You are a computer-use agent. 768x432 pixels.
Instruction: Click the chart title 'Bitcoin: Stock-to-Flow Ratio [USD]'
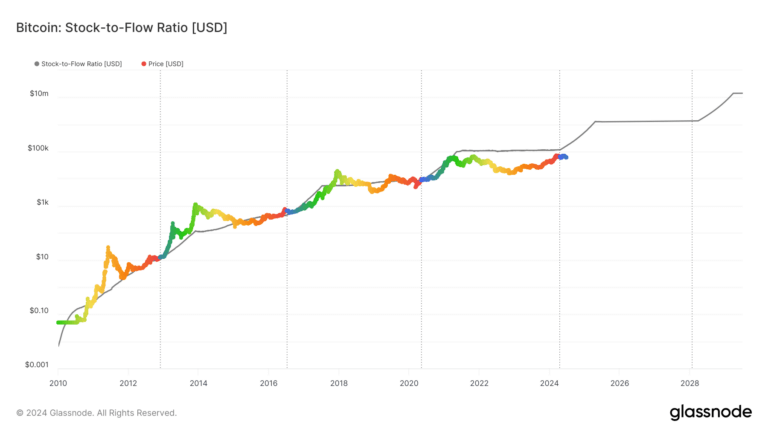(122, 27)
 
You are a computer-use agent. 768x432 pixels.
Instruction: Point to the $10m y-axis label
(38, 95)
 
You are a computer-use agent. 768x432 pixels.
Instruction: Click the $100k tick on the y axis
(37, 149)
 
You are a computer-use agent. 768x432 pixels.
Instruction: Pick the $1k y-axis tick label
(40, 203)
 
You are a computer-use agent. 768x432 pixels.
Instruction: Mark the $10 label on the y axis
(41, 257)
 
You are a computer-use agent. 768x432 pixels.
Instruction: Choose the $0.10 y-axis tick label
(37, 311)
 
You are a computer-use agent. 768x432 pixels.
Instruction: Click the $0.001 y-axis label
(35, 365)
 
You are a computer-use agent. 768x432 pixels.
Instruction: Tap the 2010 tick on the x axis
(58, 383)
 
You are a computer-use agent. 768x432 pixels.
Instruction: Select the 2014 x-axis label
(198, 383)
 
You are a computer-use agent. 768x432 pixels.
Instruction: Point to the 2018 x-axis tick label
(339, 383)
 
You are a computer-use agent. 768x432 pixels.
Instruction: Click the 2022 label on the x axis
(479, 383)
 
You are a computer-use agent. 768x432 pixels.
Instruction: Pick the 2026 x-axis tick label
(619, 383)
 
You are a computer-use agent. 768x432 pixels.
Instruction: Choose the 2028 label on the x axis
(690, 383)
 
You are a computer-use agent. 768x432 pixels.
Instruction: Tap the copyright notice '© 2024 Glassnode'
(97, 412)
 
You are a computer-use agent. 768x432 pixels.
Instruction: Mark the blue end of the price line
(565, 157)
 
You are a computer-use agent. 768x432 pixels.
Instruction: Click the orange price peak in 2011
(107, 247)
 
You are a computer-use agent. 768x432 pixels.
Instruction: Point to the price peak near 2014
(195, 205)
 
